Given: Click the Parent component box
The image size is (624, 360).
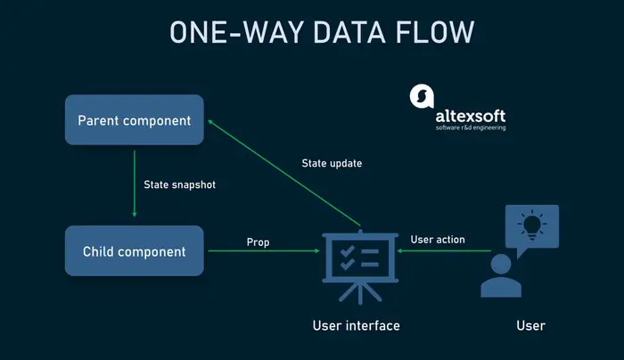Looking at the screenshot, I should tap(135, 120).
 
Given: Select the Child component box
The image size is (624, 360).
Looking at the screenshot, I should tap(135, 251).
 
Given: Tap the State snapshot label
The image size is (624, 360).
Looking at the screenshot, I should tap(179, 185).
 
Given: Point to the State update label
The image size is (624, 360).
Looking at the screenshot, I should tap(333, 164).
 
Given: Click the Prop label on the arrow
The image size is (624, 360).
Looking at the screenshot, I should tap(258, 241).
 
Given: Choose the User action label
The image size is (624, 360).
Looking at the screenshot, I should tap(437, 240).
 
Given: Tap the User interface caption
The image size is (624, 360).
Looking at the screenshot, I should tap(356, 325).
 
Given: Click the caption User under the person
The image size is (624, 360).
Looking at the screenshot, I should tap(530, 325).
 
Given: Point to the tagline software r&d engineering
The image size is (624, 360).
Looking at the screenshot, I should tap(471, 128).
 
